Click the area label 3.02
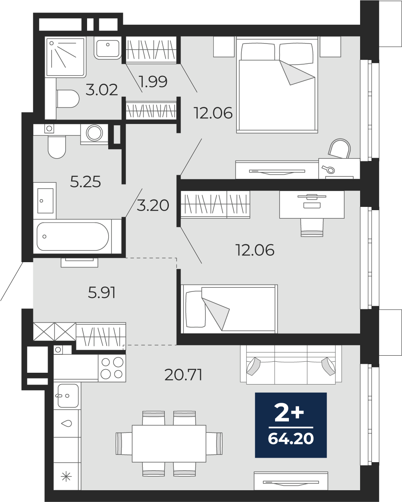coord(102,90)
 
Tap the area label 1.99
coord(153,82)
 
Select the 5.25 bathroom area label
coord(85,182)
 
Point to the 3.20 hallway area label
coord(153,206)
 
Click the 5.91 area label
coord(102,293)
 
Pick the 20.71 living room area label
coord(184,375)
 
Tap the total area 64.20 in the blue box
coord(291,439)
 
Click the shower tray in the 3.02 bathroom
coord(65,58)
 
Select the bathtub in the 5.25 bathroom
coord(73,236)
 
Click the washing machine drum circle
coord(94,133)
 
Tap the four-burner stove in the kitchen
coord(112,368)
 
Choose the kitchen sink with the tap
coord(68,396)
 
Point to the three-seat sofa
coord(291,365)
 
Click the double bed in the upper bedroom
coord(277,85)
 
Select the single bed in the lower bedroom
coord(229,309)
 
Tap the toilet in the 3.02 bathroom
coord(68,99)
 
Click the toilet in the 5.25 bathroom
coord(57,147)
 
